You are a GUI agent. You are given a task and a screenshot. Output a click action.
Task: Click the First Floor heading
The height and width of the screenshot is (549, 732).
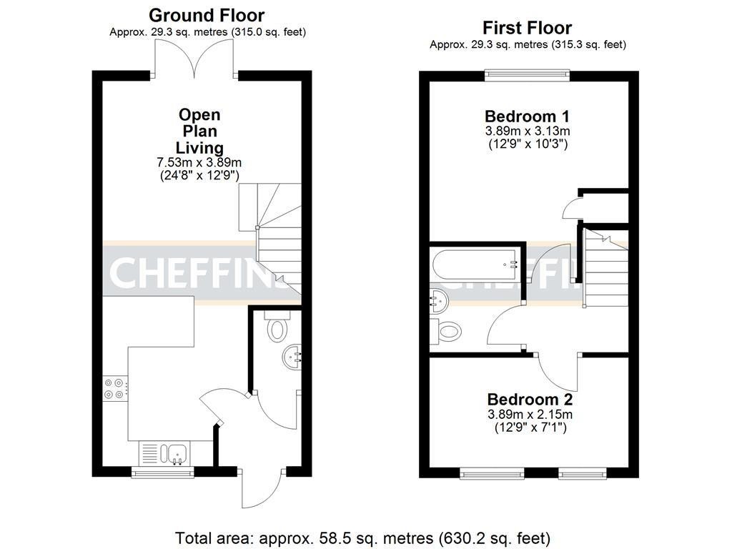click(527, 28)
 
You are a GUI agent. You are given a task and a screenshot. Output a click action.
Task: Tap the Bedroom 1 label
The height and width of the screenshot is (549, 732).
click(527, 117)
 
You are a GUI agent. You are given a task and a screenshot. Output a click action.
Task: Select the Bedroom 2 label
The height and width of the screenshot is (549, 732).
click(530, 400)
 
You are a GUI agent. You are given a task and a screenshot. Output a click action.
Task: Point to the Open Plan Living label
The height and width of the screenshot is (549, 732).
click(199, 132)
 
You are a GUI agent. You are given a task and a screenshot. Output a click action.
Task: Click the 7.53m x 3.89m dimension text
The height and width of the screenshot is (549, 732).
click(199, 162)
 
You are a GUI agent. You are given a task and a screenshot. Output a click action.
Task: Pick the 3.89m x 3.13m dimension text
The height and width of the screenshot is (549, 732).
click(527, 132)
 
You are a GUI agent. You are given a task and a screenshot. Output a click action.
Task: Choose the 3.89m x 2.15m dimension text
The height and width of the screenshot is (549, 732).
click(530, 415)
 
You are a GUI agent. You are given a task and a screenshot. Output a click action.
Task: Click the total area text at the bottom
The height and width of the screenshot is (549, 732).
click(362, 537)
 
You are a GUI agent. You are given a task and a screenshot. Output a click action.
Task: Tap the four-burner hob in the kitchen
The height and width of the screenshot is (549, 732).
click(115, 387)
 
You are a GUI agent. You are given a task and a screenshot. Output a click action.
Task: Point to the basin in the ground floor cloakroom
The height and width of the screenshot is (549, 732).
click(293, 355)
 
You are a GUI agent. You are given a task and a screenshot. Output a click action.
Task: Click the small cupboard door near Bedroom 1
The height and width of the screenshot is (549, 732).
click(573, 208)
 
